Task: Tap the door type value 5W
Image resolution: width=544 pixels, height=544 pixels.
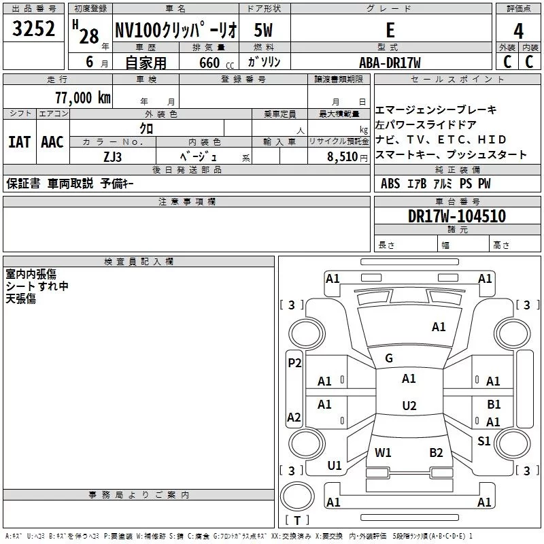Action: [x=263, y=31]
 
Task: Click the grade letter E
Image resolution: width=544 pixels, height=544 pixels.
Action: [x=390, y=31]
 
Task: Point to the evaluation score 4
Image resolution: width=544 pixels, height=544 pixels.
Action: [x=519, y=31]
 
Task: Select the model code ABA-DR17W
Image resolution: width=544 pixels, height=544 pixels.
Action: [x=390, y=63]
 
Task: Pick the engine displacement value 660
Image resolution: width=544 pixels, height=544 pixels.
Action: [x=209, y=63]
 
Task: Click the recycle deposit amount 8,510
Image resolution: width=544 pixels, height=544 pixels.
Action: [x=342, y=156]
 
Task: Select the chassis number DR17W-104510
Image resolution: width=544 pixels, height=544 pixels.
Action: [x=456, y=216]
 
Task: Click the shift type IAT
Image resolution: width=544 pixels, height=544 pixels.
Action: [x=19, y=142]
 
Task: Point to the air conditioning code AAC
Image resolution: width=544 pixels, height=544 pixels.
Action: [x=52, y=142]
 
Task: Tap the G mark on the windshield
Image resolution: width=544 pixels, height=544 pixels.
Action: [x=389, y=358]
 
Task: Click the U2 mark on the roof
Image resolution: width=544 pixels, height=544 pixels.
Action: [x=409, y=406]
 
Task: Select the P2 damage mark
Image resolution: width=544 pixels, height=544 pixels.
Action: [x=294, y=363]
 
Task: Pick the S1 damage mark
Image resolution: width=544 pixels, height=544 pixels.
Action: [x=483, y=441]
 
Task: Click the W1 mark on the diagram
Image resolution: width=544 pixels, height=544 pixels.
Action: [x=383, y=453]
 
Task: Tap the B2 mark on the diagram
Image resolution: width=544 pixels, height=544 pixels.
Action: [x=436, y=453]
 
